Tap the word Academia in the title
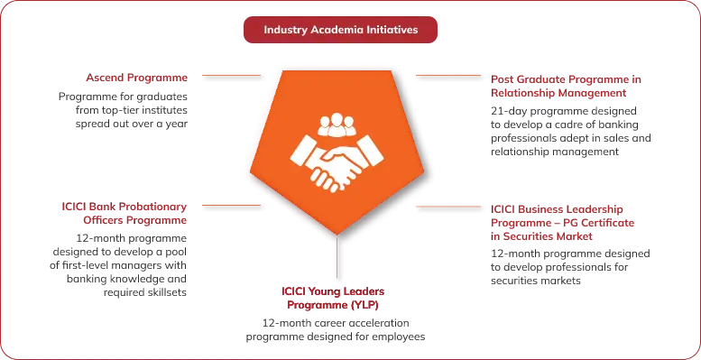tap(337, 30)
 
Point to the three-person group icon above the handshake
tap(338, 122)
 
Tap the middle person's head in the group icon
tap(338, 116)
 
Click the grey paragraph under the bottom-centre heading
tap(336, 330)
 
